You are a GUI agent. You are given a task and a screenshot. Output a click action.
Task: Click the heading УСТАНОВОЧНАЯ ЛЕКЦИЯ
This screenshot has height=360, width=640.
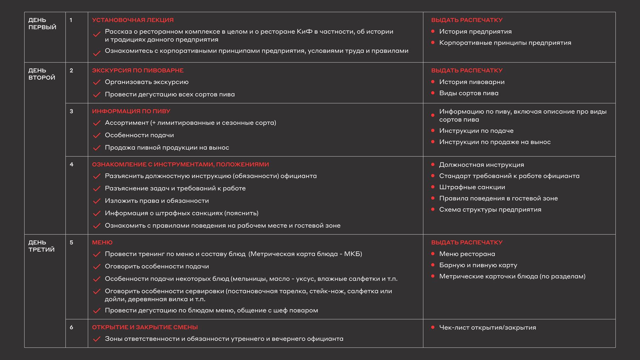tap(133, 20)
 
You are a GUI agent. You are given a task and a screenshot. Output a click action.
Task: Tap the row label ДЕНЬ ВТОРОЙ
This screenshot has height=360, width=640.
tap(42, 74)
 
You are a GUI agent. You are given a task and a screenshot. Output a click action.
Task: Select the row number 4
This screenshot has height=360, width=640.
tap(71, 164)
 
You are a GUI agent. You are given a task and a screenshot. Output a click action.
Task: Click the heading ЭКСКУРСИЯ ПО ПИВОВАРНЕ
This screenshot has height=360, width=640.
tap(138, 70)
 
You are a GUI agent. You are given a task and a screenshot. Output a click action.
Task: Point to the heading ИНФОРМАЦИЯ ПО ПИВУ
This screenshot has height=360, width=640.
tap(131, 111)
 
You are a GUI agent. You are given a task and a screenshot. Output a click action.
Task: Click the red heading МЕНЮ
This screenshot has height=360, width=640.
tap(102, 242)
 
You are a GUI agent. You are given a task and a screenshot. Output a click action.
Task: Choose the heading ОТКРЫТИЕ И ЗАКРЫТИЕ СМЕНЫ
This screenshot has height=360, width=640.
tap(145, 327)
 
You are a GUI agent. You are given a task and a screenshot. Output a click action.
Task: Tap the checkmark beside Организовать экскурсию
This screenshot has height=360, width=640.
tap(97, 82)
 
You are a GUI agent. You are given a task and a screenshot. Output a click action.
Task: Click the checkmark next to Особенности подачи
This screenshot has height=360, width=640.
tap(97, 135)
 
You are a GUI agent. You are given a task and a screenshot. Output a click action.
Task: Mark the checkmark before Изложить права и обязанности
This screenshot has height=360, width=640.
tap(97, 201)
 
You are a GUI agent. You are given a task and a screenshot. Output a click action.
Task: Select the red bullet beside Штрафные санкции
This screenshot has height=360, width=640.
tap(433, 187)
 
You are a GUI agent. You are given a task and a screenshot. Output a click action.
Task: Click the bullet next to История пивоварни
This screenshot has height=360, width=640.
tap(433, 82)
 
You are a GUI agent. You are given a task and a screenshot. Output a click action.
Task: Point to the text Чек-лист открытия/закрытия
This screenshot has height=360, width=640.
tap(487, 327)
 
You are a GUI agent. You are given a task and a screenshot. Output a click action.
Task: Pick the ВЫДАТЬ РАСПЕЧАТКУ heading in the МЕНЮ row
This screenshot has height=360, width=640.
tap(467, 242)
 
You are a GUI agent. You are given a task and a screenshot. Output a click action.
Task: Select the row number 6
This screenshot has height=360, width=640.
tap(71, 327)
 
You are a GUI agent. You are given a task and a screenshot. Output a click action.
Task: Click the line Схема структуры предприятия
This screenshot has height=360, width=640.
tap(490, 209)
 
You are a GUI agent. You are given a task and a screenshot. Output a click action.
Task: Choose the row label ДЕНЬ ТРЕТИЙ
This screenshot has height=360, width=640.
tap(42, 246)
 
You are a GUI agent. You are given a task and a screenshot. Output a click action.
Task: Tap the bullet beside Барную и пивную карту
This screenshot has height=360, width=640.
tap(433, 265)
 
